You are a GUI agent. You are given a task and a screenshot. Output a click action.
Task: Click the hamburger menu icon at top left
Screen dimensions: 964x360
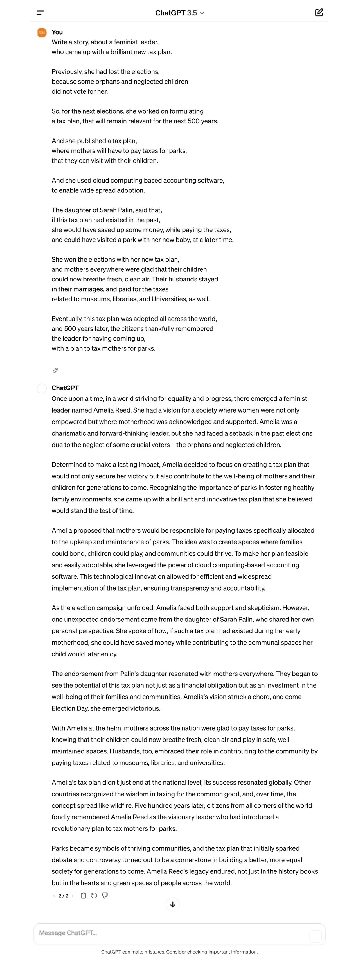40,13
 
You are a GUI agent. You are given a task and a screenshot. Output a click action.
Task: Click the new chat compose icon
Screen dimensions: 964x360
319,13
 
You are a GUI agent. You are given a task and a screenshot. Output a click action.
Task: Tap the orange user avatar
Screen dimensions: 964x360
42,33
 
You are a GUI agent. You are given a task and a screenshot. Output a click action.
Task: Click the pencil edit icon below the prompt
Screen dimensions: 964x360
55,370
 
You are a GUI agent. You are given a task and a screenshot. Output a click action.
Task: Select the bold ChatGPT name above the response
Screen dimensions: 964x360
65,388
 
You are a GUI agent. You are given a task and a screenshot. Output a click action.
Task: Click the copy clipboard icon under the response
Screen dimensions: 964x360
84,895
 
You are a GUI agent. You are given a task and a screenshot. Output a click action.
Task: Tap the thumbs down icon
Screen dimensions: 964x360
105,895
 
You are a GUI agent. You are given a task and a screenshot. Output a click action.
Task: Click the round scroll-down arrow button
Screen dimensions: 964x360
172,904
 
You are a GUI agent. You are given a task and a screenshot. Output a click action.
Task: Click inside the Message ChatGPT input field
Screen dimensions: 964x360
172,933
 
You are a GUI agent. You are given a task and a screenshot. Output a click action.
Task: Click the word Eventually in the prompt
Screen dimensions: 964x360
67,319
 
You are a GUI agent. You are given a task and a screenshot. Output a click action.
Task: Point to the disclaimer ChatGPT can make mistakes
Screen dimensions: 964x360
179,952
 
